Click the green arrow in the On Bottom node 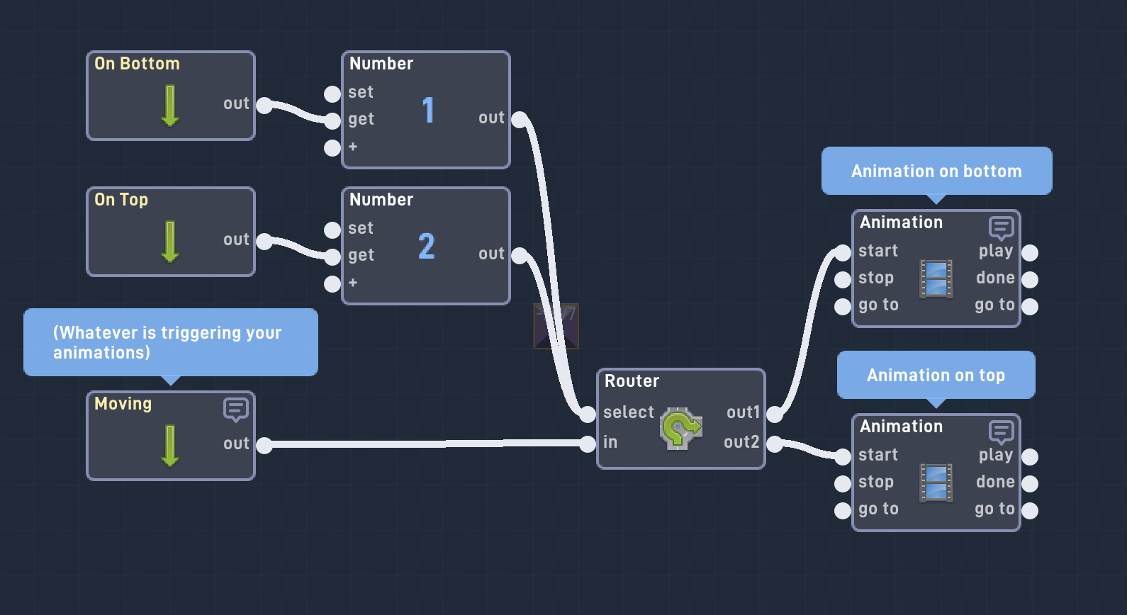click(x=170, y=106)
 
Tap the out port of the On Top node click(x=264, y=242)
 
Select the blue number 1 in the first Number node click(x=428, y=111)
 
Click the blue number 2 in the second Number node click(x=427, y=247)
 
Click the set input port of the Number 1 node click(x=332, y=94)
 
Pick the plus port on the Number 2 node click(x=332, y=284)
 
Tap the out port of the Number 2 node click(x=520, y=256)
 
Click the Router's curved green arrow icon click(x=680, y=428)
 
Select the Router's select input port click(x=588, y=414)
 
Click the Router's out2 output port click(x=775, y=444)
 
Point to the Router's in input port click(x=588, y=444)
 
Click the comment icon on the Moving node click(x=235, y=410)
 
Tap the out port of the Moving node click(x=264, y=446)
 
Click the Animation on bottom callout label click(x=936, y=171)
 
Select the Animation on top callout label click(x=936, y=375)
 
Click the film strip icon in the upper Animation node click(x=936, y=278)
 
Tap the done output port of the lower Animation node click(x=1030, y=484)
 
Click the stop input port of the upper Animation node click(x=843, y=280)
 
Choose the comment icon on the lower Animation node click(x=1001, y=431)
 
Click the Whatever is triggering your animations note click(x=170, y=342)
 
